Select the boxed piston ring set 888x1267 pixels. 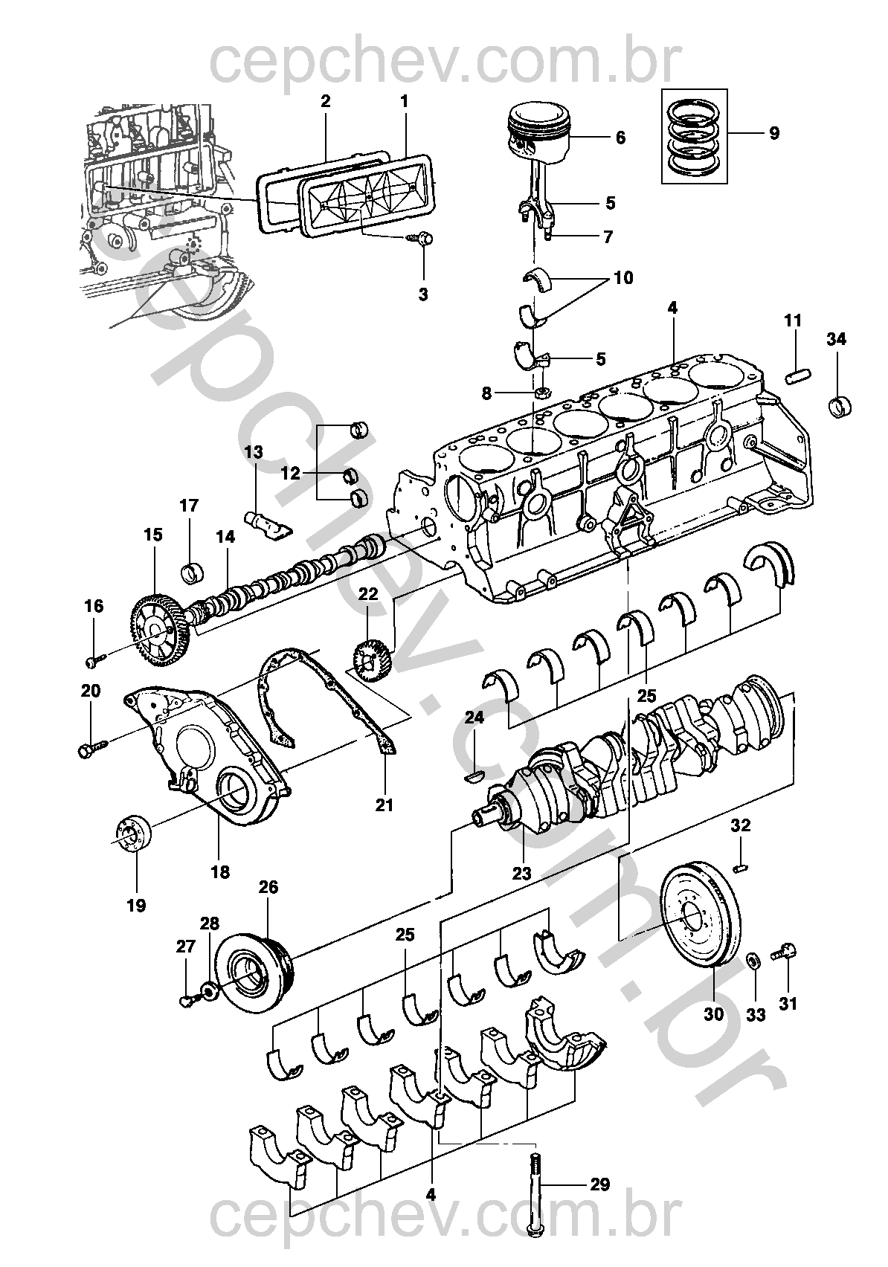point(695,136)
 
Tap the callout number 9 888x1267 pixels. point(774,134)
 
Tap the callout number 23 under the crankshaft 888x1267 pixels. point(521,873)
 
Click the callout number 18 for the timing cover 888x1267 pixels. point(221,871)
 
